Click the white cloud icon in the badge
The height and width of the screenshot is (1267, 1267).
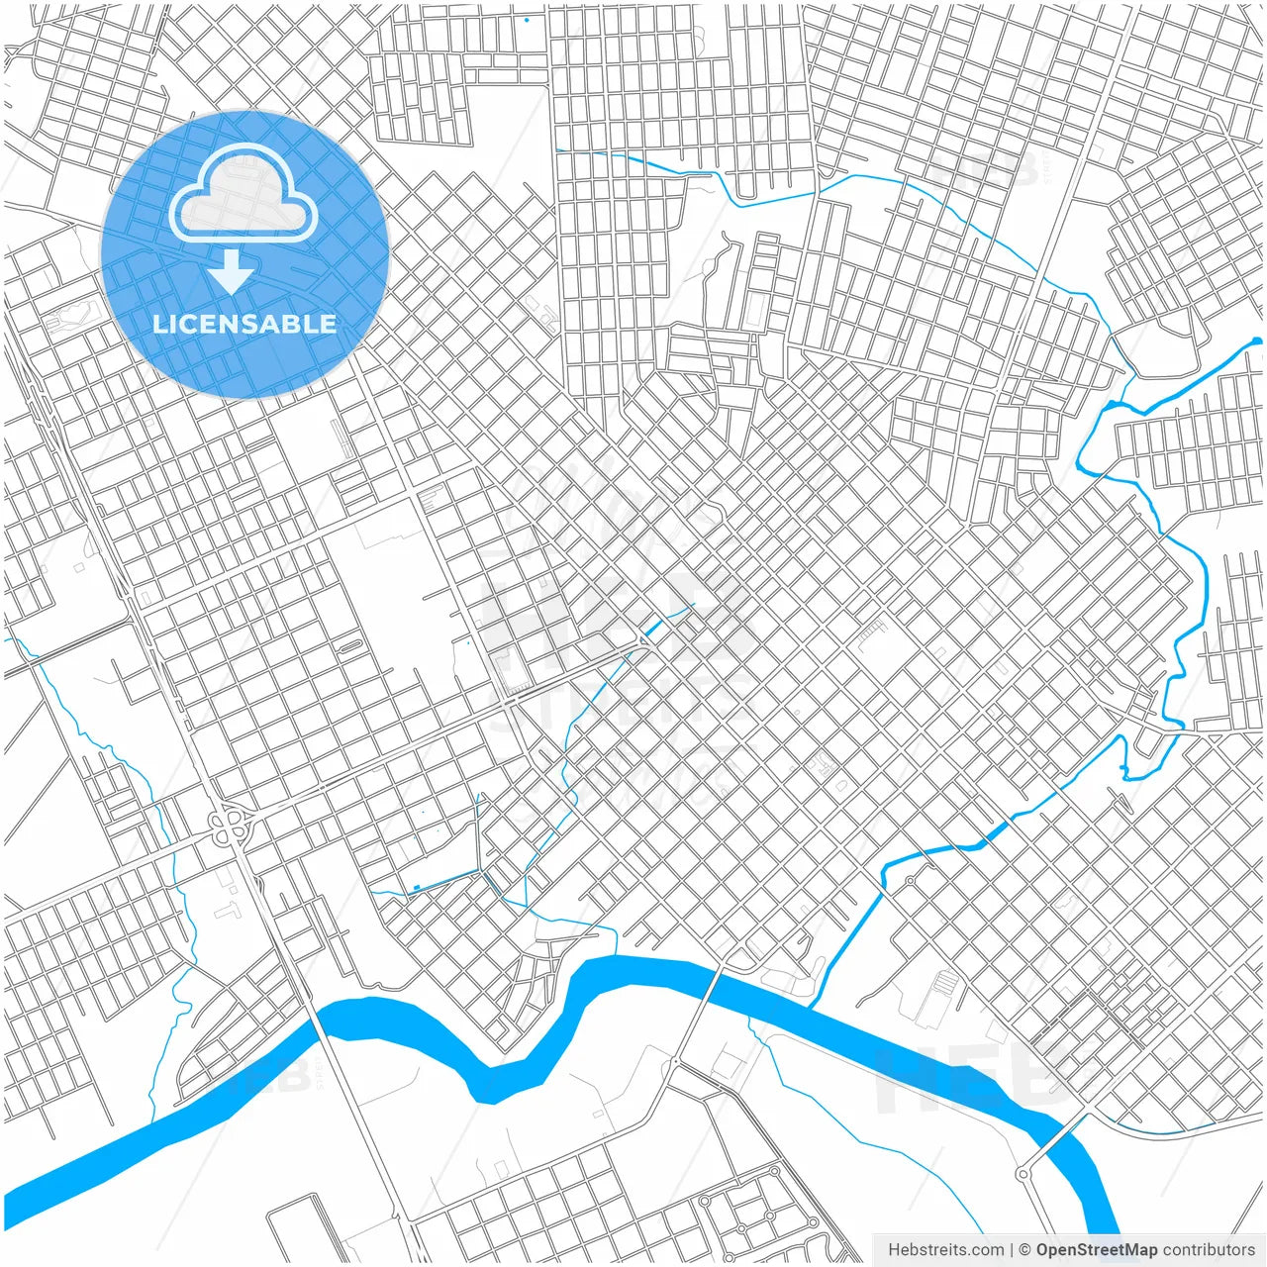click(243, 193)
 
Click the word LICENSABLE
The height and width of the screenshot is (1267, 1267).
click(244, 324)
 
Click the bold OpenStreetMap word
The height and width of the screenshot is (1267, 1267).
click(1097, 1250)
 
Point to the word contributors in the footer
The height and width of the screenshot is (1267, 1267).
click(1209, 1250)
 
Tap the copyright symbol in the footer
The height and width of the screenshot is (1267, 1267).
click(1025, 1250)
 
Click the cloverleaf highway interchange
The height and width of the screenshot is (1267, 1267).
click(230, 826)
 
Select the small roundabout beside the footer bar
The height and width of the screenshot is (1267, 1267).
click(1022, 1174)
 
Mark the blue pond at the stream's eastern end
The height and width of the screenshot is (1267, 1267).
click(1256, 341)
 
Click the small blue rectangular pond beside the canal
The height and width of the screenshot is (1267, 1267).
click(417, 887)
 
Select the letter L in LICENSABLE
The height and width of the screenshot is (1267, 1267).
click(158, 324)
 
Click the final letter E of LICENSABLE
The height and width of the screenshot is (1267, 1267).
click(328, 324)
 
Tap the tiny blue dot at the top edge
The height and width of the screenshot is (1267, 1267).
click(527, 20)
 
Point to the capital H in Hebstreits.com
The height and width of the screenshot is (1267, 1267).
click(894, 1250)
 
